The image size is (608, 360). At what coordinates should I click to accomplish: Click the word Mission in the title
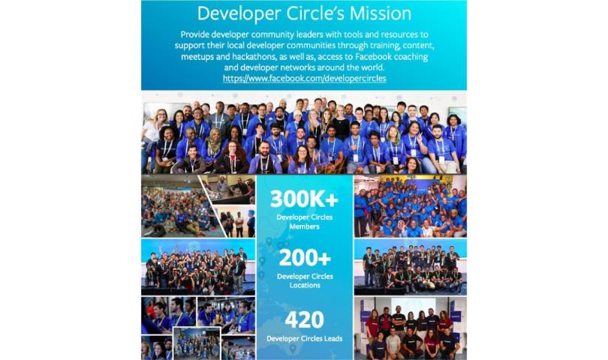(380, 13)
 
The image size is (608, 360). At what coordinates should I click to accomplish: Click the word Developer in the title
(239, 14)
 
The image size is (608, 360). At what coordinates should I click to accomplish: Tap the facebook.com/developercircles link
(305, 78)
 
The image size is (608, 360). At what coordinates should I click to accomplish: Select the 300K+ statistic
(305, 199)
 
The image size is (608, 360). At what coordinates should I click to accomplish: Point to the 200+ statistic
(305, 258)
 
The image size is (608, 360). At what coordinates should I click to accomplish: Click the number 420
(305, 319)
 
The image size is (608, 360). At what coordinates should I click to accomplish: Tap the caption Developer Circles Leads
(305, 339)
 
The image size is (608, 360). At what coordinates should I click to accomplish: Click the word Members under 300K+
(305, 226)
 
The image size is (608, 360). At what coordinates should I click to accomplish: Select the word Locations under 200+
(305, 285)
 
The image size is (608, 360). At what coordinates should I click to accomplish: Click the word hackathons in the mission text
(254, 56)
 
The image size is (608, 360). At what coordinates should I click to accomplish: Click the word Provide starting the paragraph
(194, 34)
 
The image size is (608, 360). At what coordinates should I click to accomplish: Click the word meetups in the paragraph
(196, 57)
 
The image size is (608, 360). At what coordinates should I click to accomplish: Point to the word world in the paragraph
(372, 67)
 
